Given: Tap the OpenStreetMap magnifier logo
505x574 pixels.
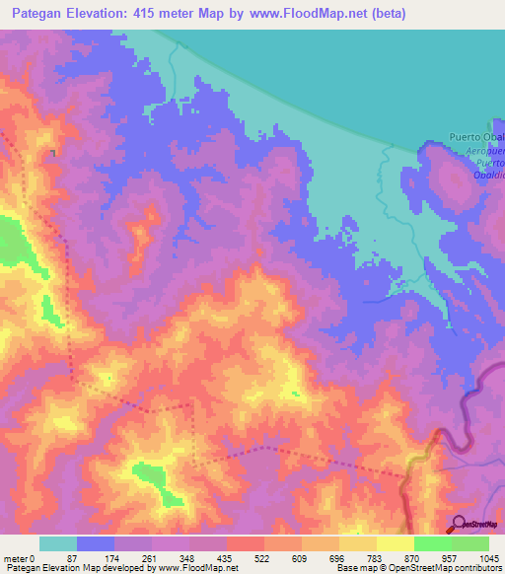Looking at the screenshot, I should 458,523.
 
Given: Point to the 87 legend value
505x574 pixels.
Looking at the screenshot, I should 72,557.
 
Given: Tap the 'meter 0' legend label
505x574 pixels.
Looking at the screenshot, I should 20,557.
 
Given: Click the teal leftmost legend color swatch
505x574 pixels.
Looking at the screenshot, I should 57,543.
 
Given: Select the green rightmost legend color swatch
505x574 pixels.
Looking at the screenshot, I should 469,543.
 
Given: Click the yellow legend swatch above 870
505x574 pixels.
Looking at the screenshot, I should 395,543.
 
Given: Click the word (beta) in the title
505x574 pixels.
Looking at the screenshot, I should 384,14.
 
